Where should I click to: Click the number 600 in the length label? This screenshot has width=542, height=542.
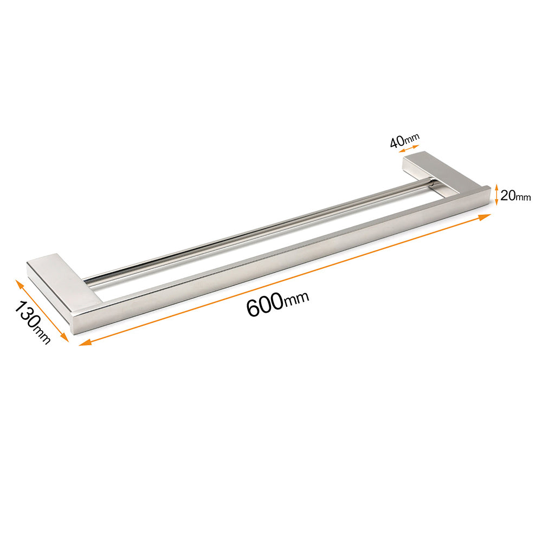coord(264,306)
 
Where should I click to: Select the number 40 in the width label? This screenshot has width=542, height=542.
coord(396,143)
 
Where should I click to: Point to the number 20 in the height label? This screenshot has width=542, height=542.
coord(507,196)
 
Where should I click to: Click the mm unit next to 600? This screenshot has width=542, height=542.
coord(296,299)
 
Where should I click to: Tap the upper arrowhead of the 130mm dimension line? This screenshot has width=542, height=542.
coord(20,283)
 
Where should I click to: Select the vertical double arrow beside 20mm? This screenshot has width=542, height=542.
coord(496,195)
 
